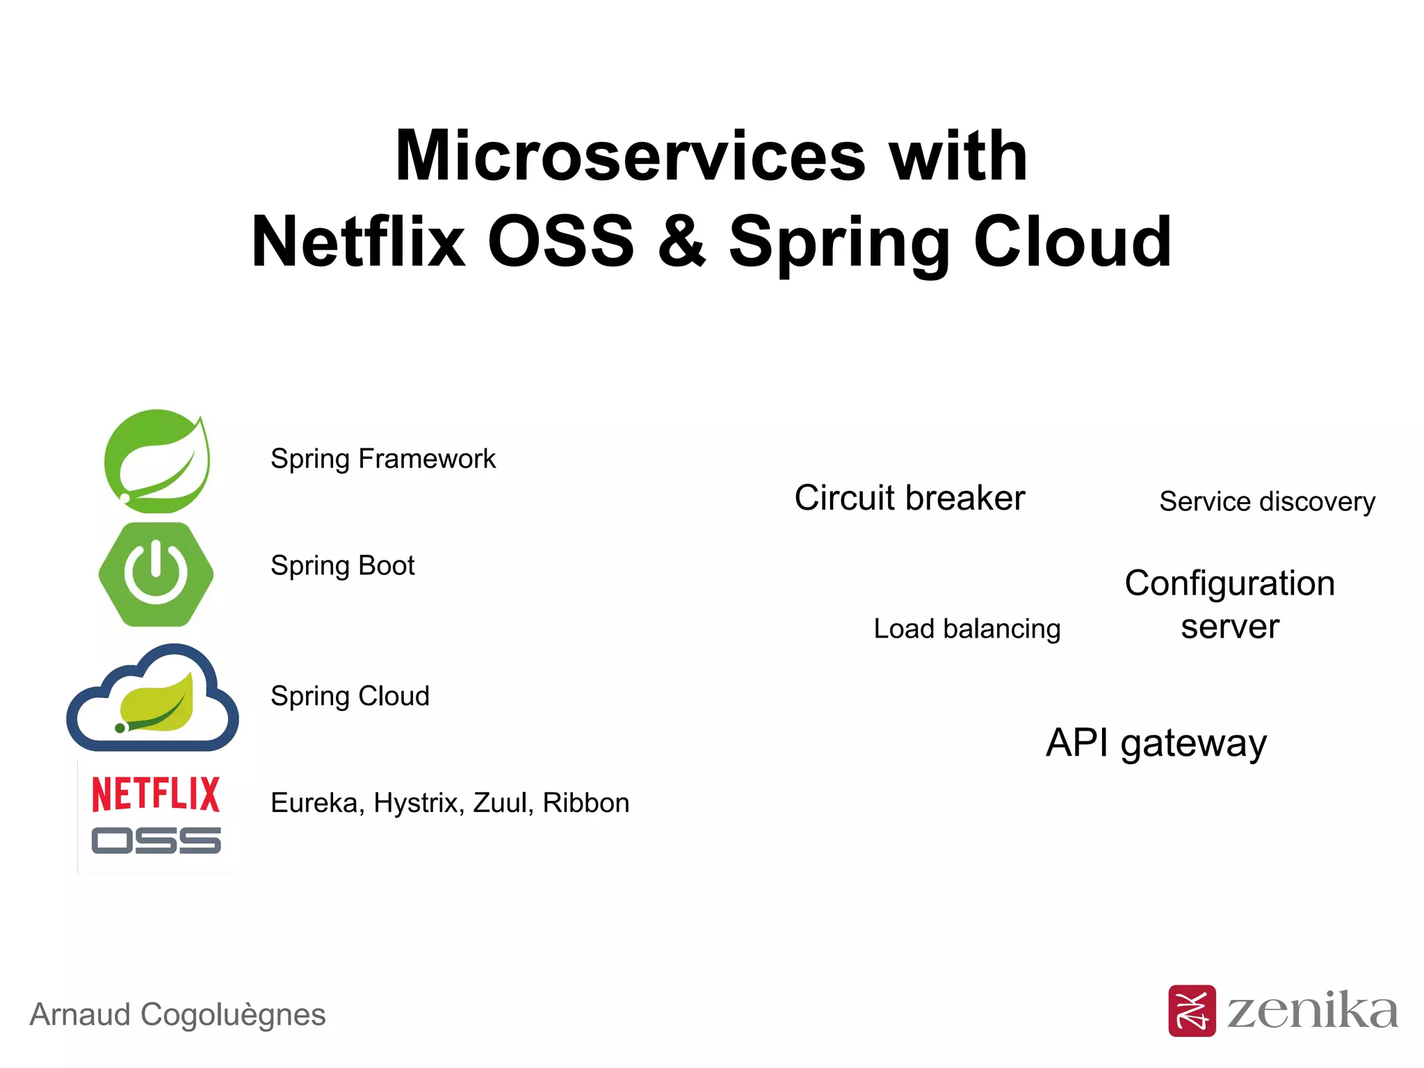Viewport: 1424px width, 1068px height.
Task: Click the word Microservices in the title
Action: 630,156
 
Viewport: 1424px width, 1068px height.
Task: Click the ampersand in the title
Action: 681,241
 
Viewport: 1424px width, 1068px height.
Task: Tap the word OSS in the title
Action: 560,241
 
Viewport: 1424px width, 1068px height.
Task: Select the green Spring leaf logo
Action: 157,461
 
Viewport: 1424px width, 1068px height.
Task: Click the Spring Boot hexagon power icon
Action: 156,574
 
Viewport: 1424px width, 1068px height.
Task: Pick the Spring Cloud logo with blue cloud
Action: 153,698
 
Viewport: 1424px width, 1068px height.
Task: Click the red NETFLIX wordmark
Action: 156,795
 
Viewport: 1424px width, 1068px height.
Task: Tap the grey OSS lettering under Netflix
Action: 156,841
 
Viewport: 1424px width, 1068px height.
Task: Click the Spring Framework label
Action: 382,459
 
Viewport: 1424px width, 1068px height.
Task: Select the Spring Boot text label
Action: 342,565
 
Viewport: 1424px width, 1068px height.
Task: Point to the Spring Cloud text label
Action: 350,696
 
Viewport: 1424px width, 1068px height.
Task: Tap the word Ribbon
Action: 585,803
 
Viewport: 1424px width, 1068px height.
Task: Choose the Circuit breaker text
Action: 909,498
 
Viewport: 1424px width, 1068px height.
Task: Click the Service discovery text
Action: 1267,501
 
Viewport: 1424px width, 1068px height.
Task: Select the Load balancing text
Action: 966,629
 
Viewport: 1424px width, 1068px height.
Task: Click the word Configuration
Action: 1229,583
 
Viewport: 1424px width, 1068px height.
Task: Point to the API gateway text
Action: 1156,743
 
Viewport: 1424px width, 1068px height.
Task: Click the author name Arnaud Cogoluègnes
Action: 177,1014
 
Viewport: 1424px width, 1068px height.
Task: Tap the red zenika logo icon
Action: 1192,1010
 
